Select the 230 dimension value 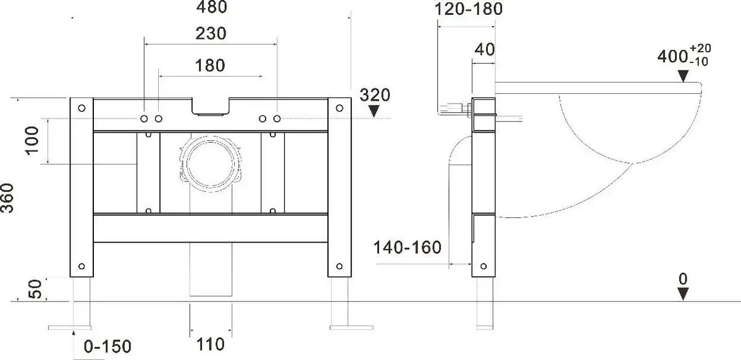(210, 34)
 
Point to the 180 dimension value (210, 65)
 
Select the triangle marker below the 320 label (374, 111)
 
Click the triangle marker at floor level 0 (682, 295)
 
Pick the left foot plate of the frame (70, 326)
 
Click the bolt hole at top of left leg (82, 109)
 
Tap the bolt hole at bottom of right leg (339, 266)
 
